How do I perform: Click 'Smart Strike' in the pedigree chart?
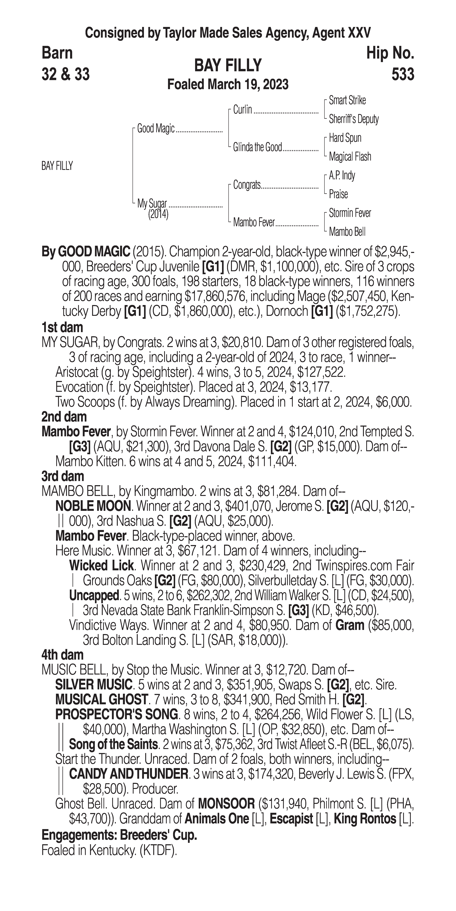[x=347, y=100]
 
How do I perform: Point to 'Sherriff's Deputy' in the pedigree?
[x=354, y=119]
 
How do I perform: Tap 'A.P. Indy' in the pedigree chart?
[x=342, y=175]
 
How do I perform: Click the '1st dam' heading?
[x=62, y=327]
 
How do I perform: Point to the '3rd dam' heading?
[x=63, y=476]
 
